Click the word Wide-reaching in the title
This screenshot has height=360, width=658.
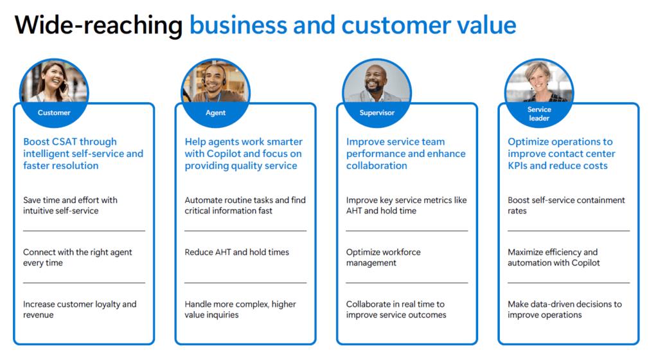98,25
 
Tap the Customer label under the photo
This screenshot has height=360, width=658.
54,113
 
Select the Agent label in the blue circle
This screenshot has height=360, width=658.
216,113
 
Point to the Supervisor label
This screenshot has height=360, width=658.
377,113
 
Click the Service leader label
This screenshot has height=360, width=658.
539,114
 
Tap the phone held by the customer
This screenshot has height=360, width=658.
64,87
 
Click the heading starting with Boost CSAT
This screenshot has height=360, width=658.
83,154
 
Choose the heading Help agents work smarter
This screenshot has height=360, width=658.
244,154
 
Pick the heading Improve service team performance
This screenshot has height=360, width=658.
406,154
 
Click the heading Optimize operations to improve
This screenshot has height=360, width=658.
562,154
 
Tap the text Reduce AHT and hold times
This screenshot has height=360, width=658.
236,252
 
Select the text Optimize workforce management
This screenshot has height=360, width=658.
383,257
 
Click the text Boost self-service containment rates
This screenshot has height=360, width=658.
566,205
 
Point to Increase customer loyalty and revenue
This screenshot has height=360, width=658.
80,309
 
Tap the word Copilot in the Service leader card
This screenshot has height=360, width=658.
584,263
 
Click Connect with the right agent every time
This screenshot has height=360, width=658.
78,257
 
